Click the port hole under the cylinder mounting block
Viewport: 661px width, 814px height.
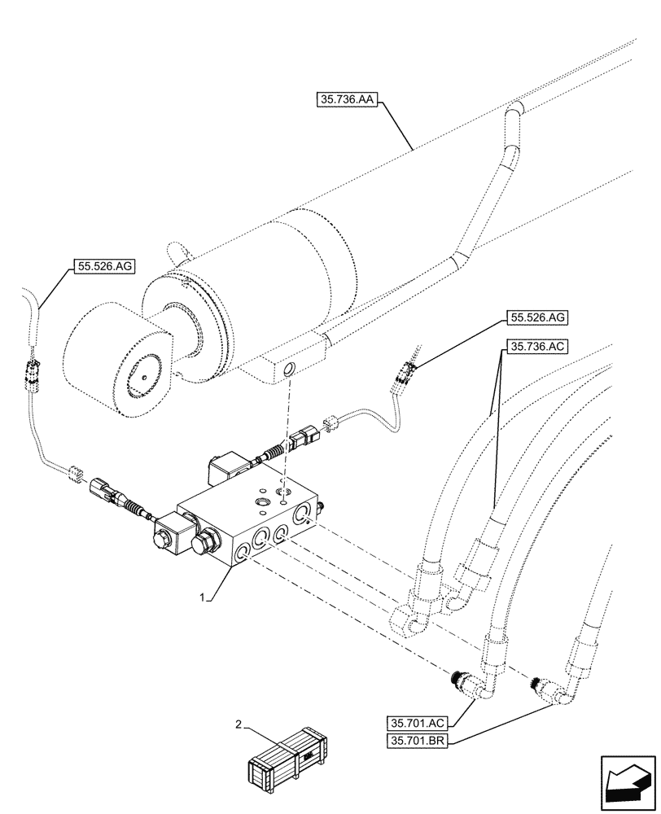[287, 371]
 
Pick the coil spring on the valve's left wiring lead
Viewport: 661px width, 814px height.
[135, 503]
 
